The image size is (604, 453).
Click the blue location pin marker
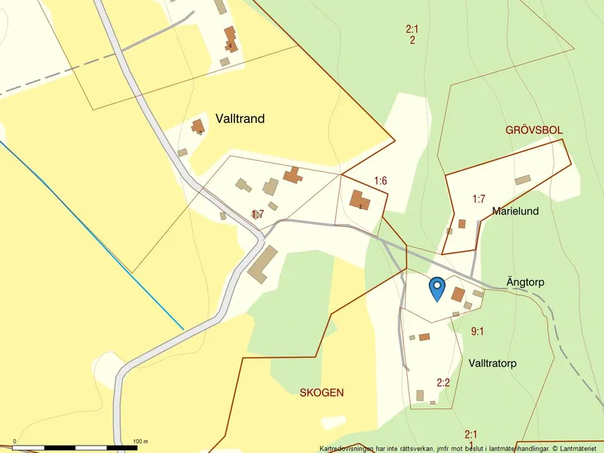pyautogui.click(x=436, y=288)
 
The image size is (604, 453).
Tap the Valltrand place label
pyautogui.click(x=240, y=119)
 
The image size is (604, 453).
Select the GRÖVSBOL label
pyautogui.click(x=534, y=130)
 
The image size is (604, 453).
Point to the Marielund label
pyautogui.click(x=515, y=211)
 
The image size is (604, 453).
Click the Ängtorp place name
pyautogui.click(x=525, y=282)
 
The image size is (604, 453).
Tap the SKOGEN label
pyautogui.click(x=321, y=393)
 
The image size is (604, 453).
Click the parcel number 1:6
pyautogui.click(x=380, y=181)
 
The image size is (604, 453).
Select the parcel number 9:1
pyautogui.click(x=477, y=332)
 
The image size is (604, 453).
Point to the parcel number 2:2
pyautogui.click(x=443, y=382)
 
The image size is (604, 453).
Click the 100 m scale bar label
pyautogui.click(x=141, y=442)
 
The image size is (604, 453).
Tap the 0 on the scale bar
pyautogui.click(x=14, y=442)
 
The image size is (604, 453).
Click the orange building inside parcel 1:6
pyautogui.click(x=359, y=200)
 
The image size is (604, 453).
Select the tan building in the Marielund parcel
pyautogui.click(x=522, y=180)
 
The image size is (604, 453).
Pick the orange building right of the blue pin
pyautogui.click(x=458, y=294)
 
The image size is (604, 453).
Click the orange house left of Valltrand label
pyautogui.click(x=198, y=127)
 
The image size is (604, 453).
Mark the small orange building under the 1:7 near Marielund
pyautogui.click(x=461, y=224)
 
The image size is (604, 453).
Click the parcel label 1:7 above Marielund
pyautogui.click(x=479, y=198)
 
